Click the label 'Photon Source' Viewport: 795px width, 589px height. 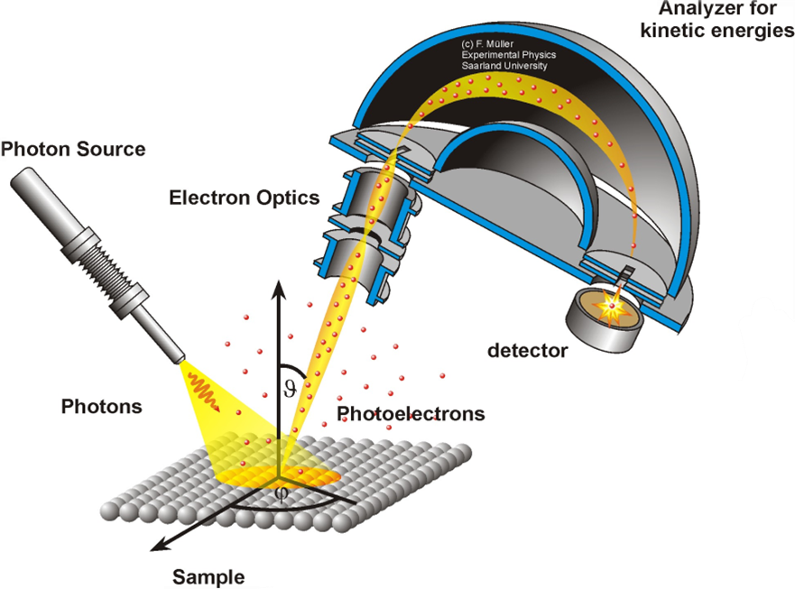pyautogui.click(x=73, y=149)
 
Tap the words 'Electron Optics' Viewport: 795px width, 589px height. pyautogui.click(x=245, y=195)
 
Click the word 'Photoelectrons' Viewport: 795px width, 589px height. pyautogui.click(x=411, y=414)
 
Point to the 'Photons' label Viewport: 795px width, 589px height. pyautogui.click(x=102, y=406)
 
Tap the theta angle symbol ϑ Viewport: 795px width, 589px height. pyautogui.click(x=290, y=389)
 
